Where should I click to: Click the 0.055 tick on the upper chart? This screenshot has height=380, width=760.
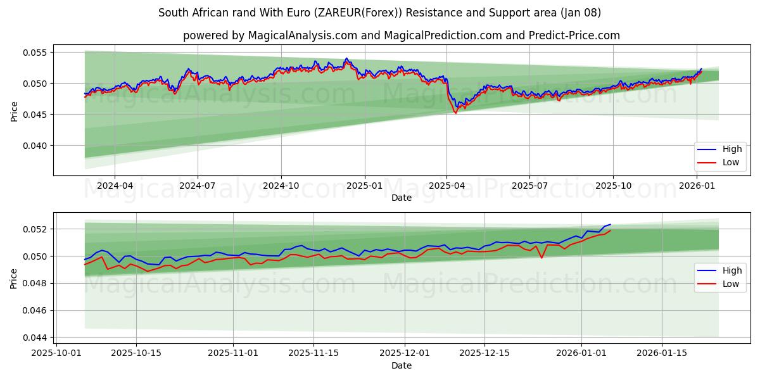35,53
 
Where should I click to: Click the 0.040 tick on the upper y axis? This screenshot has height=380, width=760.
35,146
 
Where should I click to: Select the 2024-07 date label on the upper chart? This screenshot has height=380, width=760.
198,186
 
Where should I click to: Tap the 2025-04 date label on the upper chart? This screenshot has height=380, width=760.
446,186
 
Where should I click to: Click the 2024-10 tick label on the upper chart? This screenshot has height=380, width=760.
281,186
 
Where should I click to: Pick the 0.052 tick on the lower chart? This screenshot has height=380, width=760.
35,229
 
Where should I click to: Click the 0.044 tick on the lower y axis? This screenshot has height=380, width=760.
35,338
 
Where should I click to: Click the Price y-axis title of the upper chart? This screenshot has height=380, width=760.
14,111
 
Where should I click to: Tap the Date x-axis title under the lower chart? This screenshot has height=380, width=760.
402,365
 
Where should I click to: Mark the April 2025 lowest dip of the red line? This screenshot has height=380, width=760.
455,113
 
